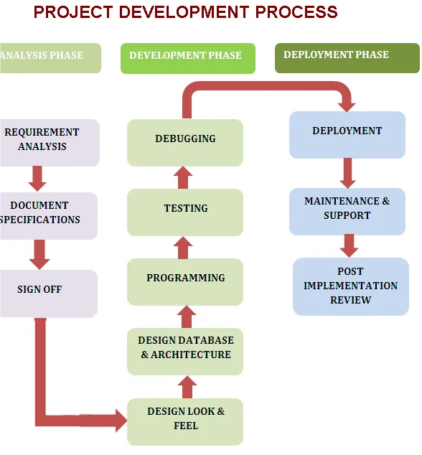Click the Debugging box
coord(185,143)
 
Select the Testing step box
coord(185,212)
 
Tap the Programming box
coord(185,282)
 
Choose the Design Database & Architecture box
coord(185,352)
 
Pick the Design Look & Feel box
coord(185,422)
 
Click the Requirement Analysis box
coord(50,143)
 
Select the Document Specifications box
coord(49,216)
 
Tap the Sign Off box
coord(49,294)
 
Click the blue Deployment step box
coord(347,135)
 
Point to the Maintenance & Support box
coord(347,212)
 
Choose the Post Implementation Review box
coord(351,286)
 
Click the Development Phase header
coord(188,58)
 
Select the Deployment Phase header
coord(347,58)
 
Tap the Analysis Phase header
coord(50,58)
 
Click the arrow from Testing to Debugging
coord(183,177)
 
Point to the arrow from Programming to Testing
coord(183,248)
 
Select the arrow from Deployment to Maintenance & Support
coord(347,173)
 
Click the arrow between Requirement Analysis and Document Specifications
coord(37,179)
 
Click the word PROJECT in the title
coord(73,12)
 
